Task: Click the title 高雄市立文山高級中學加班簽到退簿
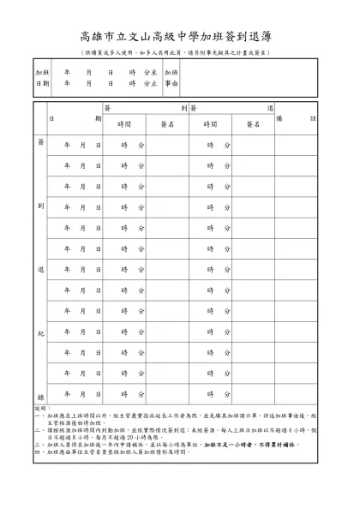pos(180,37)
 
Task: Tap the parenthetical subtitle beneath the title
pos(180,53)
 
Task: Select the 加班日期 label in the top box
pos(42,78)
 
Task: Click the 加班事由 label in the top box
pos(171,78)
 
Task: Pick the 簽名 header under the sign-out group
pos(253,124)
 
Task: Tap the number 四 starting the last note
pos(37,452)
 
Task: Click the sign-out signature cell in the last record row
pos(253,395)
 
